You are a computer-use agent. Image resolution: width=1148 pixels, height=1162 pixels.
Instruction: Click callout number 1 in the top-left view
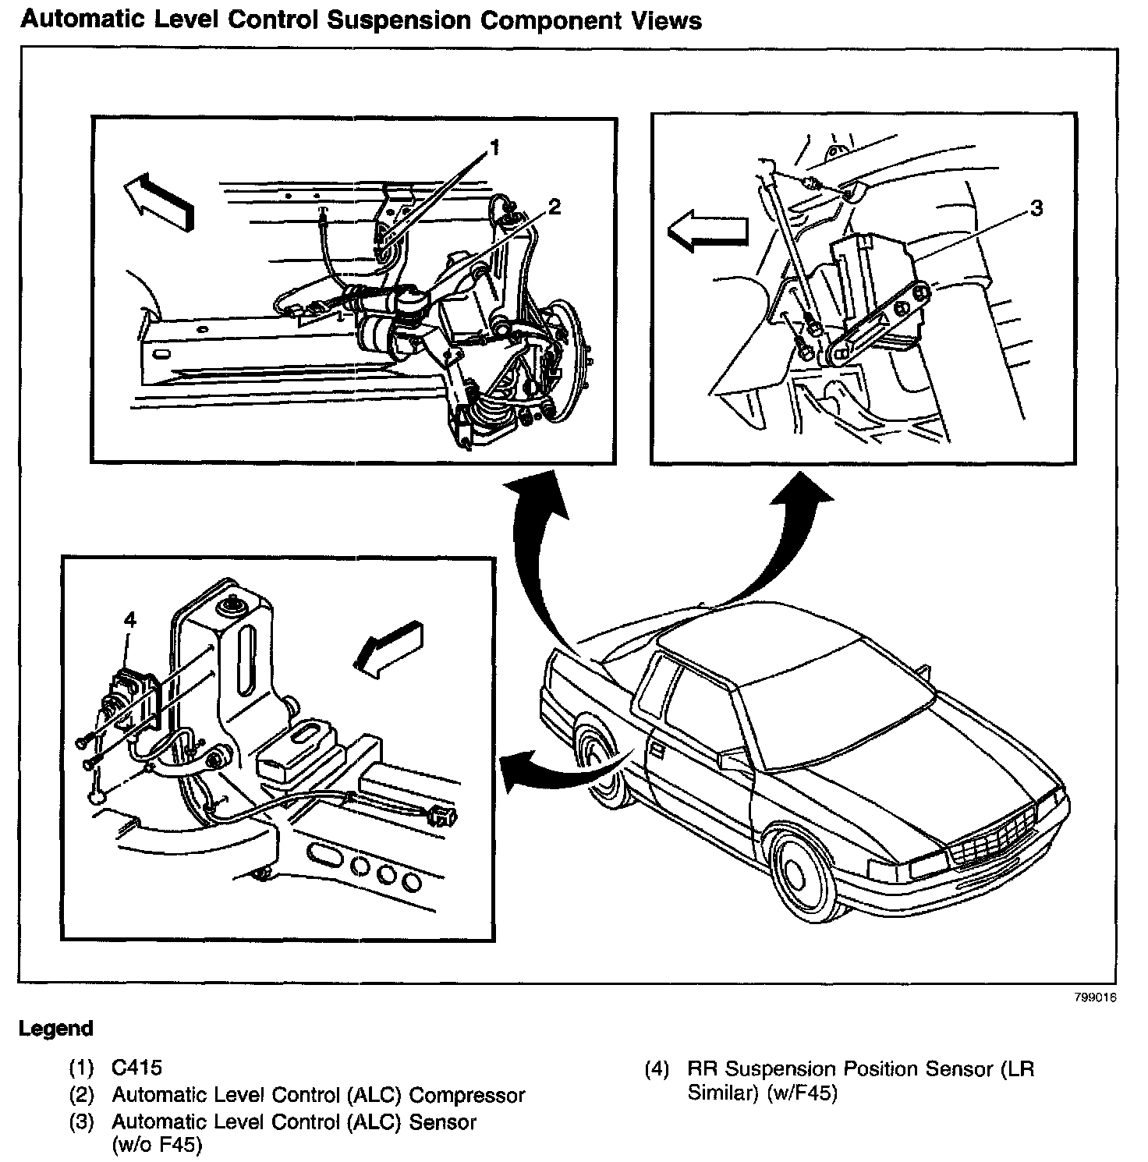coord(494,147)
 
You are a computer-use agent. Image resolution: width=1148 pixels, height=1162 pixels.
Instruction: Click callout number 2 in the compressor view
coord(554,207)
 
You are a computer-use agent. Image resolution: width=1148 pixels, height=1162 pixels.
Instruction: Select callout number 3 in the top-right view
coord(1036,208)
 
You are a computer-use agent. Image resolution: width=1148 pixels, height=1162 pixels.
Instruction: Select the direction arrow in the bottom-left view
coord(388,647)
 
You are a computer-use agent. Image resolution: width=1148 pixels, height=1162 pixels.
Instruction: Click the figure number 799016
coord(1096,997)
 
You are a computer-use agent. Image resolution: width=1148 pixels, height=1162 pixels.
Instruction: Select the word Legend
coord(56,1029)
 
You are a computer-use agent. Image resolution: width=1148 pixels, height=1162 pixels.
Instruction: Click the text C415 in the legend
coord(137,1067)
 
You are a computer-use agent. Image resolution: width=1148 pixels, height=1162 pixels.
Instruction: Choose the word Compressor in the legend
coord(467,1095)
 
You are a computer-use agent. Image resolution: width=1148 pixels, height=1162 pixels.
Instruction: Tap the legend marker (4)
coord(657,1068)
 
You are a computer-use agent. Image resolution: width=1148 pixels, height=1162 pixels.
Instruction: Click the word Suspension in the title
coord(401,20)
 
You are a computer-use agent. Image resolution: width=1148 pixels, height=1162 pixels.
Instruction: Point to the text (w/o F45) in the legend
coord(158,1146)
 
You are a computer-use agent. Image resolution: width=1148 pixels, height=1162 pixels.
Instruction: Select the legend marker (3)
coord(82,1122)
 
